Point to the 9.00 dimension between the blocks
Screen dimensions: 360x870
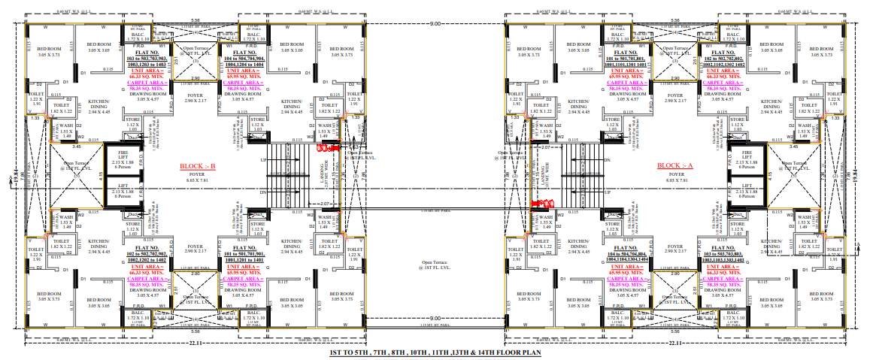point(435,24)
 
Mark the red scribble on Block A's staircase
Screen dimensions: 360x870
point(542,203)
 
